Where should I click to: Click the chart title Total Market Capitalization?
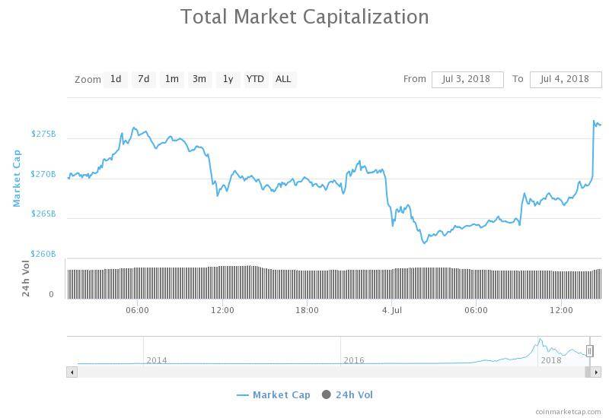pyautogui.click(x=304, y=16)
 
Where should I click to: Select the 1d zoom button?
pyautogui.click(x=116, y=79)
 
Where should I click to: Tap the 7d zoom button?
pyautogui.click(x=143, y=79)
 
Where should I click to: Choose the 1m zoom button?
pyautogui.click(x=171, y=79)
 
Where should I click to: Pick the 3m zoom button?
pyautogui.click(x=199, y=79)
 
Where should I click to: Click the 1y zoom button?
pyautogui.click(x=227, y=79)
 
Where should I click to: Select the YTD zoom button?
pyautogui.click(x=255, y=79)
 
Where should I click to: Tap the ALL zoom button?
pyautogui.click(x=283, y=79)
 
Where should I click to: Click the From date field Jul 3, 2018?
pyautogui.click(x=467, y=79)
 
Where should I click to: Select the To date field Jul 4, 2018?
pyautogui.click(x=564, y=79)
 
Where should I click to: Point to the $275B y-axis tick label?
pyautogui.click(x=43, y=134)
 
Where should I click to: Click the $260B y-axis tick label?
pyautogui.click(x=43, y=254)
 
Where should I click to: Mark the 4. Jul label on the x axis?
pyautogui.click(x=391, y=310)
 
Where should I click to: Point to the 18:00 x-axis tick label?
pyautogui.click(x=307, y=310)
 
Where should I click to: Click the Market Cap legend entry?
pyautogui.click(x=274, y=394)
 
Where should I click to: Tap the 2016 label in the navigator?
pyautogui.click(x=353, y=360)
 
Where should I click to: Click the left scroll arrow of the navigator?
pyautogui.click(x=72, y=372)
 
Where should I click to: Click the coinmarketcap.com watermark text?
pyautogui.click(x=568, y=411)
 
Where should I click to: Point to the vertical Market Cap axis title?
pyautogui.click(x=17, y=177)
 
